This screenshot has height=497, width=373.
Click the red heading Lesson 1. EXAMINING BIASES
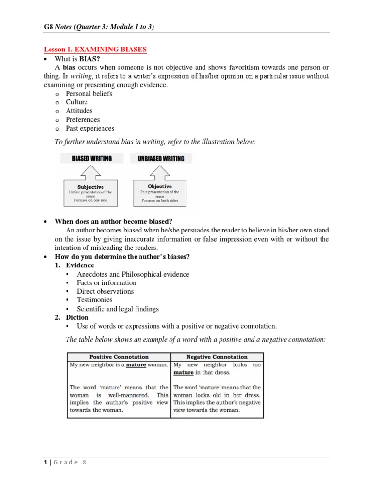pyautogui.click(x=95, y=50)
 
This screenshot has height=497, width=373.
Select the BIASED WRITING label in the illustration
pyautogui.click(x=91, y=158)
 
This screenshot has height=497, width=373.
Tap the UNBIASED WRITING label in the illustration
pyautogui.click(x=161, y=158)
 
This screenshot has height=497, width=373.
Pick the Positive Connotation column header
pyautogui.click(x=119, y=357)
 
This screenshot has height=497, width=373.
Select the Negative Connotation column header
pyautogui.click(x=217, y=357)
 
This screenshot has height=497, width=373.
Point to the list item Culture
pyautogui.click(x=77, y=102)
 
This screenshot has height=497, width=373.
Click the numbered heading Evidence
pyautogui.click(x=80, y=265)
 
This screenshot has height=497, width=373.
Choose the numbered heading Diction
pyautogui.click(x=77, y=317)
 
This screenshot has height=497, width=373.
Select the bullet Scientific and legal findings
pyautogui.click(x=118, y=309)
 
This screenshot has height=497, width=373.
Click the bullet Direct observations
pyautogui.click(x=105, y=291)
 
